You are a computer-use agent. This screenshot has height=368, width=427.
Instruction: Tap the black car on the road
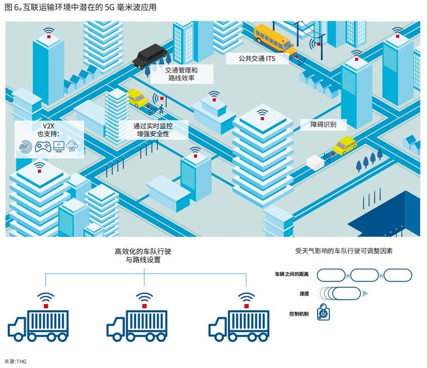[150, 57]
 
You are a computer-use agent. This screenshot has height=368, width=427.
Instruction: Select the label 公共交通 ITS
[251, 58]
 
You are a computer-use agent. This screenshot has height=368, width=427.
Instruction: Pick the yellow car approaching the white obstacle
[345, 146]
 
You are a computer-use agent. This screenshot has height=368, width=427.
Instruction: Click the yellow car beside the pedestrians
[137, 97]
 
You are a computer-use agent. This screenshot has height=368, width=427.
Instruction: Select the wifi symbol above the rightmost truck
[246, 297]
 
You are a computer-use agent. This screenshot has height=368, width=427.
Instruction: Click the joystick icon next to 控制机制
[324, 313]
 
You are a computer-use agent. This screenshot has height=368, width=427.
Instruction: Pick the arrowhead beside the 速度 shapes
[365, 293]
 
